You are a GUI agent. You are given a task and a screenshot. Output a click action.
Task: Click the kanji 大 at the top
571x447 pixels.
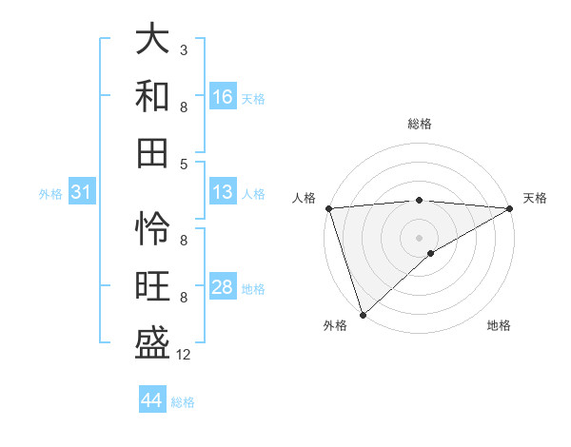(152, 40)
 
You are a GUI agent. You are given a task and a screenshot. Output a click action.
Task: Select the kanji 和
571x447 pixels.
(152, 95)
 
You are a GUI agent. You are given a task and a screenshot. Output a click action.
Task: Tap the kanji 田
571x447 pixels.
(152, 151)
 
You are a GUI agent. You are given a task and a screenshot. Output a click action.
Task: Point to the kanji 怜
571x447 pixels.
(152, 227)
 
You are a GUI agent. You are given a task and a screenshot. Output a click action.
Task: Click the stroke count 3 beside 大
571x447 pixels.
(183, 49)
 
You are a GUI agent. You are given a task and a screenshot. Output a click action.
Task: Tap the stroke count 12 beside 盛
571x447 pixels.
(184, 355)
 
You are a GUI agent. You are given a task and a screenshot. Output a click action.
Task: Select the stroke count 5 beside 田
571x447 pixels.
(183, 164)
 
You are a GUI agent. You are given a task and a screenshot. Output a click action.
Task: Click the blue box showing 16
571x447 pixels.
(223, 97)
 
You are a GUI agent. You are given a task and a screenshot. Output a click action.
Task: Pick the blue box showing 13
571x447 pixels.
(223, 193)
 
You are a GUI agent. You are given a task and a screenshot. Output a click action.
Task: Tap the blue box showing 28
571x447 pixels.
(223, 288)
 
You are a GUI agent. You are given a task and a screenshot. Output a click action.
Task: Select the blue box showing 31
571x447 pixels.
(81, 193)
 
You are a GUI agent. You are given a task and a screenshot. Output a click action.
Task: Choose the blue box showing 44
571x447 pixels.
(151, 400)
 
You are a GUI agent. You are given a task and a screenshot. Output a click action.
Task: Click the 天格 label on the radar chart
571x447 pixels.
(535, 198)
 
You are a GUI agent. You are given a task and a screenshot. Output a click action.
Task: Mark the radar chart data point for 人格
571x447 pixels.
(328, 208)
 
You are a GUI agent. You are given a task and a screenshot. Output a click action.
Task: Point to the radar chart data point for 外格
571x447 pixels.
(363, 314)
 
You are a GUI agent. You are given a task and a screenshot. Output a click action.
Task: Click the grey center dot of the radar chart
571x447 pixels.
(419, 236)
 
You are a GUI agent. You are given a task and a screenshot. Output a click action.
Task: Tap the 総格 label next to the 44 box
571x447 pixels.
(183, 402)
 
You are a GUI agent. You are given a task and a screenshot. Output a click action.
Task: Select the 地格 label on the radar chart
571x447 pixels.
(499, 325)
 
